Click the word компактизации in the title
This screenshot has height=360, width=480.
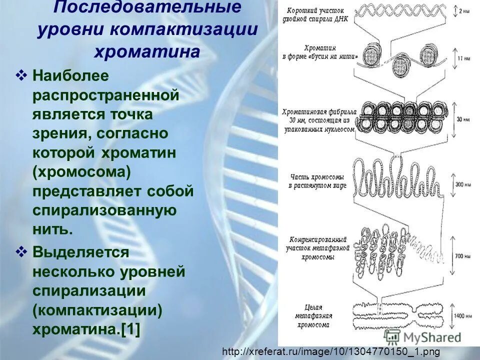point(185,28)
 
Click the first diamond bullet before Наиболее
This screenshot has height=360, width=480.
point(22,76)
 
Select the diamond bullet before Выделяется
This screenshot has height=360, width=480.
point(22,251)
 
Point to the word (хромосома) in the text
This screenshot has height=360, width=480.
point(82,172)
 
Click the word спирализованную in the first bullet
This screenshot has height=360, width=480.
point(104,210)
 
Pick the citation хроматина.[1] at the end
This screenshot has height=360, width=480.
point(87,329)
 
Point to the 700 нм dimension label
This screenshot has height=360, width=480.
point(461,255)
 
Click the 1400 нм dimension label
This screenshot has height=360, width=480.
point(461,316)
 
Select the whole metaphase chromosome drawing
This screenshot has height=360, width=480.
point(395,315)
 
